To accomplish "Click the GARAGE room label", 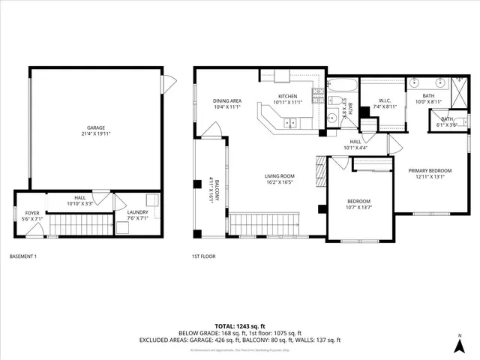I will point(96,129).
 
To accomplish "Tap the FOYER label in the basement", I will point(32,213).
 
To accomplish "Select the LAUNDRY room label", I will point(137,212).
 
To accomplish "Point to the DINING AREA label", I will point(226,100).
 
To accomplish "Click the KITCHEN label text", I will point(289,96).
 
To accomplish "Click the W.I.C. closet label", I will point(384,100).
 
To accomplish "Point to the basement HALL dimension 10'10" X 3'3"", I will point(78,203).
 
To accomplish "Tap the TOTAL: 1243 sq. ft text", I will point(239,325).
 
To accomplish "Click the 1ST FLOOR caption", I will point(203,256).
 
